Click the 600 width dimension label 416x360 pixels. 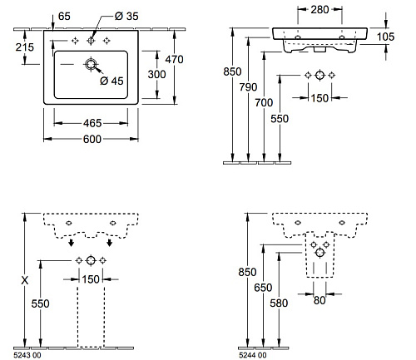(x=92, y=139)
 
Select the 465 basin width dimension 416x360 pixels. (x=92, y=123)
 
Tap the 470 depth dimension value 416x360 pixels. (x=174, y=59)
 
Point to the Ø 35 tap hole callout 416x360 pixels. (x=126, y=16)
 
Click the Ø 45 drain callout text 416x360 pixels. (x=111, y=81)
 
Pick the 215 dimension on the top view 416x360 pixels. (x=25, y=47)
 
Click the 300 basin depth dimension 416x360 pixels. (x=156, y=74)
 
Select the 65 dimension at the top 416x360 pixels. (x=64, y=17)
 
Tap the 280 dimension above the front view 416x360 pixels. (x=319, y=10)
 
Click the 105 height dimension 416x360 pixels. (x=385, y=37)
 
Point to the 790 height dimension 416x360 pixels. (x=248, y=87)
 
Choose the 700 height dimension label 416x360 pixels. (x=264, y=103)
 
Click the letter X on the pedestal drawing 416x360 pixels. (x=25, y=280)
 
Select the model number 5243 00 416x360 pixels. (x=27, y=355)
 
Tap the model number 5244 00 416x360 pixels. (x=252, y=355)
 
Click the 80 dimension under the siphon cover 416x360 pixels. (x=319, y=300)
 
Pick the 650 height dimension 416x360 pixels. (x=263, y=288)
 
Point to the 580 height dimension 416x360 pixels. (x=279, y=303)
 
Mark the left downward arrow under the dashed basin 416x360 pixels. (x=72, y=243)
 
